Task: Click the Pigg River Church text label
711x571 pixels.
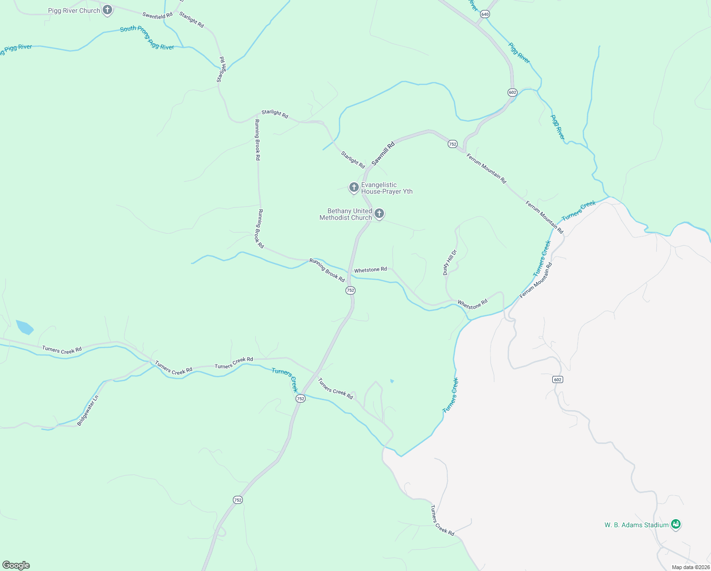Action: point(74,10)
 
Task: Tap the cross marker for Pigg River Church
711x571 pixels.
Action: point(107,10)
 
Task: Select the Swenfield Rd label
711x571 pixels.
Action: point(157,16)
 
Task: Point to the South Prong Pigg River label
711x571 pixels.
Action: point(147,38)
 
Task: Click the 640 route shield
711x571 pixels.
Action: point(485,14)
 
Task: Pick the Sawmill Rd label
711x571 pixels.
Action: point(383,154)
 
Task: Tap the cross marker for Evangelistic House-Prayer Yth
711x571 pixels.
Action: point(354,187)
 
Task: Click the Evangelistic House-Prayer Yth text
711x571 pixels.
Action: point(386,188)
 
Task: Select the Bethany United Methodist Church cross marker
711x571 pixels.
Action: point(379,214)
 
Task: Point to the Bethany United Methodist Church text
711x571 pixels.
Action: point(346,214)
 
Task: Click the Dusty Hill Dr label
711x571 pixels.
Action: point(449,262)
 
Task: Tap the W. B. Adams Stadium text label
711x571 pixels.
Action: point(636,525)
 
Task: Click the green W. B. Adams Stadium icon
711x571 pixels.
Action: point(676,524)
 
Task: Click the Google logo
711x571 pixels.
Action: point(16,565)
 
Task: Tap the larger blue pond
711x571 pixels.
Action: point(24,327)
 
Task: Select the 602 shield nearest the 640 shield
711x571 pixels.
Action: point(512,92)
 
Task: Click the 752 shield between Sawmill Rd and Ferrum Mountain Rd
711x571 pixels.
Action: point(452,144)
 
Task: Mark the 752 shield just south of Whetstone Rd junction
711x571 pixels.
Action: point(350,290)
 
